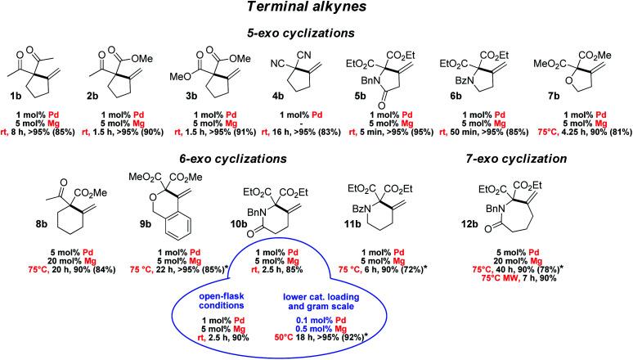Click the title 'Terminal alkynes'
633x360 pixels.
point(316,10)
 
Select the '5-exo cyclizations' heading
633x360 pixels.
point(316,36)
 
